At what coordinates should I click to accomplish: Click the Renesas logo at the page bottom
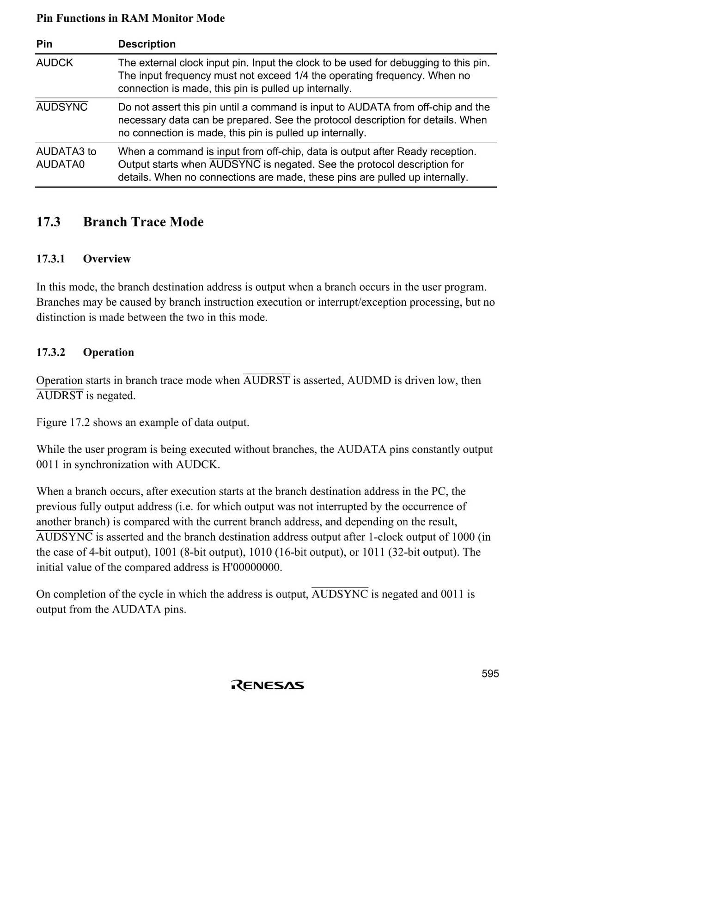pos(268,685)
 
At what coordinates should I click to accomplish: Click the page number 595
pos(490,674)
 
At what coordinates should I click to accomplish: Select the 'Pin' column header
pos(44,44)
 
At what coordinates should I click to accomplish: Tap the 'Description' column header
pos(146,44)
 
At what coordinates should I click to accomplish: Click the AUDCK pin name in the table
pos(55,63)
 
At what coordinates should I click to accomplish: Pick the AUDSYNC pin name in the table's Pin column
pos(62,107)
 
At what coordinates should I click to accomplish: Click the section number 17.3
pos(49,222)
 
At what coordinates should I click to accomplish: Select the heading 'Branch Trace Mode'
pos(143,222)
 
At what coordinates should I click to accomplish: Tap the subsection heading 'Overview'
pos(107,259)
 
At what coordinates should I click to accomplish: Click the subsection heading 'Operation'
pos(108,352)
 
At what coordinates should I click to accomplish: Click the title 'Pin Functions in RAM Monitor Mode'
pos(130,18)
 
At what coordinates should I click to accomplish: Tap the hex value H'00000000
pos(251,567)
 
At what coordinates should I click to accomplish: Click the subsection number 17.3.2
pos(51,352)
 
